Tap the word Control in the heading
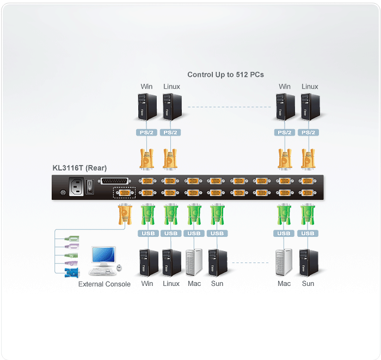point(200,75)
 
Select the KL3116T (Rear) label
point(79,168)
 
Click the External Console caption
point(104,284)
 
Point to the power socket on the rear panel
point(76,187)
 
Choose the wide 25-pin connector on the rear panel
point(116,181)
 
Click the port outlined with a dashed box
point(123,192)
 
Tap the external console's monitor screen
point(103,255)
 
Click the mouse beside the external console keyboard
point(119,268)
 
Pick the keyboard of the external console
point(101,271)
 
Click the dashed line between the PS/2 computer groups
point(230,107)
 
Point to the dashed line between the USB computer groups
point(252,263)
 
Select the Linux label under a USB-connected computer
point(171,284)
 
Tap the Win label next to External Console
point(147,284)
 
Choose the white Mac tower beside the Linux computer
point(194,262)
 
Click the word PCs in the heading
point(257,75)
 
